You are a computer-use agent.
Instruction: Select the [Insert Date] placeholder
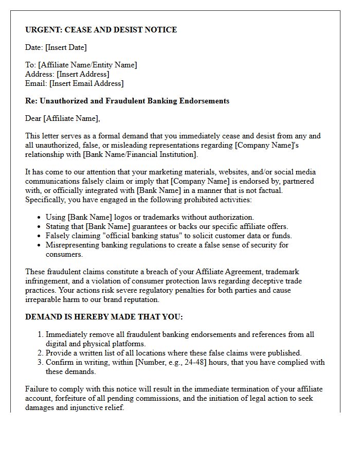[x=66, y=47]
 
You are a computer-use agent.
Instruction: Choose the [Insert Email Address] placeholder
[x=86, y=83]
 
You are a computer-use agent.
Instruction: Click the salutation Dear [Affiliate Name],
[x=63, y=118]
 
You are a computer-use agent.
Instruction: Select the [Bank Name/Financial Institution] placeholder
[x=140, y=154]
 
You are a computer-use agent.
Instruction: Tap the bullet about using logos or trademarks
[x=150, y=217]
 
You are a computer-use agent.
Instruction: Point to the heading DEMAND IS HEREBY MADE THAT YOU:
[x=104, y=317]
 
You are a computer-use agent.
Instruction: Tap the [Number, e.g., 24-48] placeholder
[x=169, y=362]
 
